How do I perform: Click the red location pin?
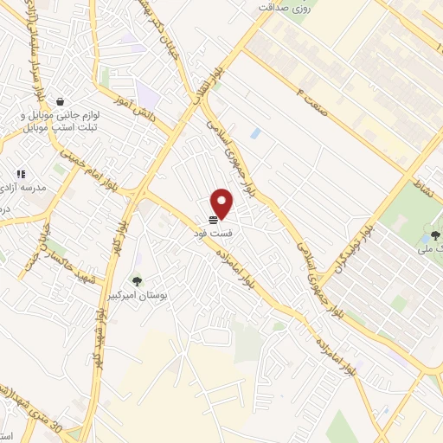click(222, 203)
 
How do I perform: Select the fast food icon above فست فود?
click(213, 219)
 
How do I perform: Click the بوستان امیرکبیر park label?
click(137, 295)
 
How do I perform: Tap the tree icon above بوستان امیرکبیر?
click(137, 280)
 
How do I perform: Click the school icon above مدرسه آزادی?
click(21, 173)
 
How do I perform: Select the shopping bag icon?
click(59, 100)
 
